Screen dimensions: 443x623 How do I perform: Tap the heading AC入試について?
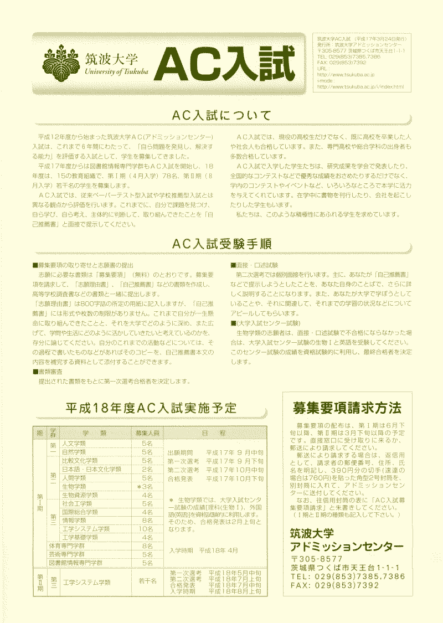221,116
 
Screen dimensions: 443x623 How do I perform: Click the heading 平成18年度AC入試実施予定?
151,408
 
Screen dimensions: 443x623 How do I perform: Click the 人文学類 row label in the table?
74,444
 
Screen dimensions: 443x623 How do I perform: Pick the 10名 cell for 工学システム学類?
147,529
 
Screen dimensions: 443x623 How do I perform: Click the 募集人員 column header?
147,433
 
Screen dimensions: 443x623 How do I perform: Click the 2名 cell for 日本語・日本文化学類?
147,469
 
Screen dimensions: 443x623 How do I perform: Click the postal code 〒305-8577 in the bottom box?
317,558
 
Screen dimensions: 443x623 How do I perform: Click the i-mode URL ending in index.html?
360,87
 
